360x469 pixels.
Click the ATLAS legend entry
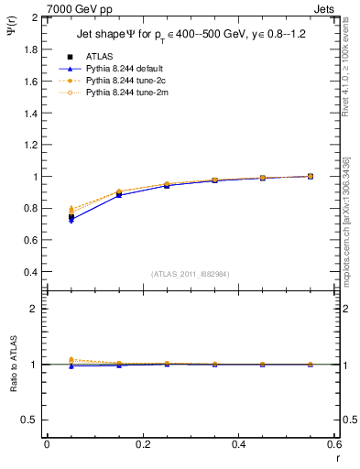[98, 56]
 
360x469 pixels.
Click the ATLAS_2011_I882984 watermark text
[190, 275]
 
